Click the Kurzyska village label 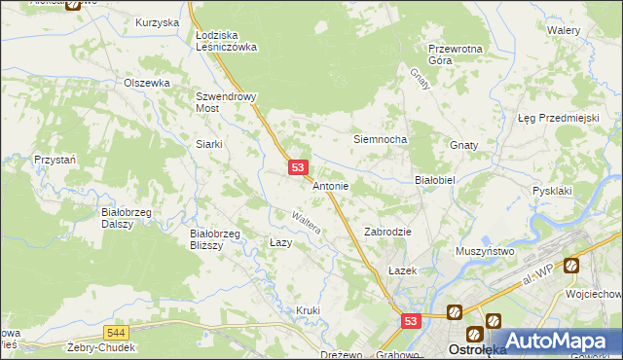point(158,21)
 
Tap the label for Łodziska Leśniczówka point(224,41)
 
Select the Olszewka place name point(147,83)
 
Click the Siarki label point(209,144)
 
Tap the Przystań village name point(55,159)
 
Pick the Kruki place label point(308,310)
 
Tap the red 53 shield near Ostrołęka point(410,321)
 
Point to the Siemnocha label point(379,139)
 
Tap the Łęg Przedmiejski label point(558,118)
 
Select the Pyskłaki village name point(550,192)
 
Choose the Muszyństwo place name point(485,251)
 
